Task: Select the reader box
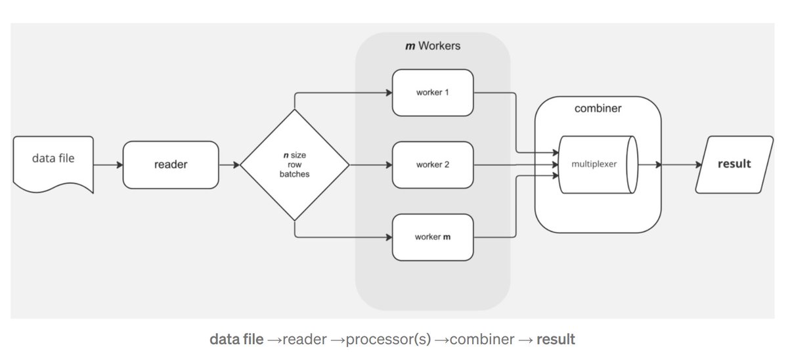(x=170, y=164)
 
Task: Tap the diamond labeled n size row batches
(x=294, y=165)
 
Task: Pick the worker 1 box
(x=433, y=92)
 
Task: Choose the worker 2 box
(x=433, y=164)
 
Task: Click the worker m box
(x=433, y=236)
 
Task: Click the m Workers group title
(x=433, y=46)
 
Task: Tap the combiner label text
(x=598, y=108)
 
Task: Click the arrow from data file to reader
(x=108, y=164)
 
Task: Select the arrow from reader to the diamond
(x=229, y=164)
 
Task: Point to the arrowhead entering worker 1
(x=388, y=92)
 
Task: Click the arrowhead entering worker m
(x=388, y=236)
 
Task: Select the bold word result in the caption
(x=556, y=340)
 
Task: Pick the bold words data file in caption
(x=236, y=340)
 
